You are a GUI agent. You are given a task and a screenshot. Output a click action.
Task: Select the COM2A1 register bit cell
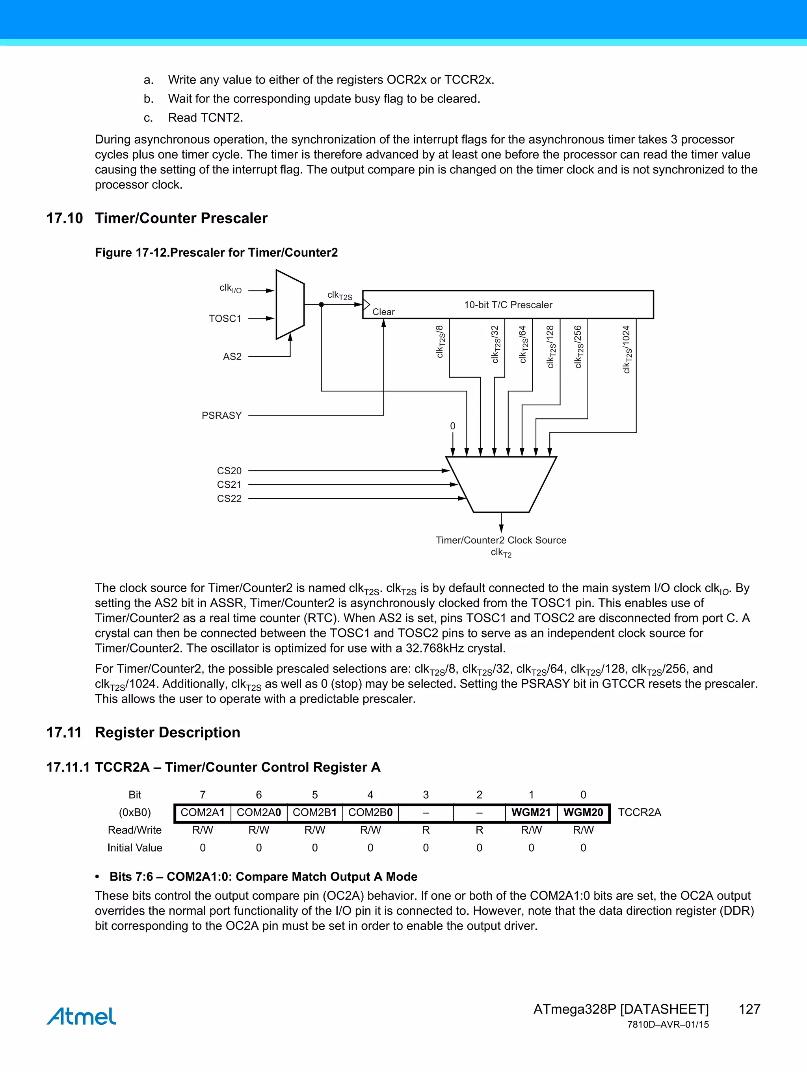click(x=203, y=812)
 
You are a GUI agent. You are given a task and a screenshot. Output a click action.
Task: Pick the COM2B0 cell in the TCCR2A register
click(x=370, y=812)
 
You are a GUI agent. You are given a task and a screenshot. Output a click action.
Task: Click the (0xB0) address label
click(x=135, y=812)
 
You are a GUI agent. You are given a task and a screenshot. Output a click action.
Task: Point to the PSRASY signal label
click(x=221, y=415)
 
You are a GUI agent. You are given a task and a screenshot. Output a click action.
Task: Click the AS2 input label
click(x=232, y=357)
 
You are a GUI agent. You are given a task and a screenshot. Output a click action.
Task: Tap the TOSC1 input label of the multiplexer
click(x=225, y=319)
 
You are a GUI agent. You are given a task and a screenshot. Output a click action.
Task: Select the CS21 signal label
click(x=229, y=485)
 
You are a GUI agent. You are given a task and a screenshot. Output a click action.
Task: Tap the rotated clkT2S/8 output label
click(x=440, y=342)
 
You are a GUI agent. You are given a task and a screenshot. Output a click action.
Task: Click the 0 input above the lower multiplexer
click(x=452, y=426)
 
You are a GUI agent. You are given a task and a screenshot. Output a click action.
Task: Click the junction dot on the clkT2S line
click(x=321, y=304)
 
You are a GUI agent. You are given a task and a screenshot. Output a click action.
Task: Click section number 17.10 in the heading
click(x=64, y=218)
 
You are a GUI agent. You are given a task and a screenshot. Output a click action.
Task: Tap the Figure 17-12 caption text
click(x=216, y=252)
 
